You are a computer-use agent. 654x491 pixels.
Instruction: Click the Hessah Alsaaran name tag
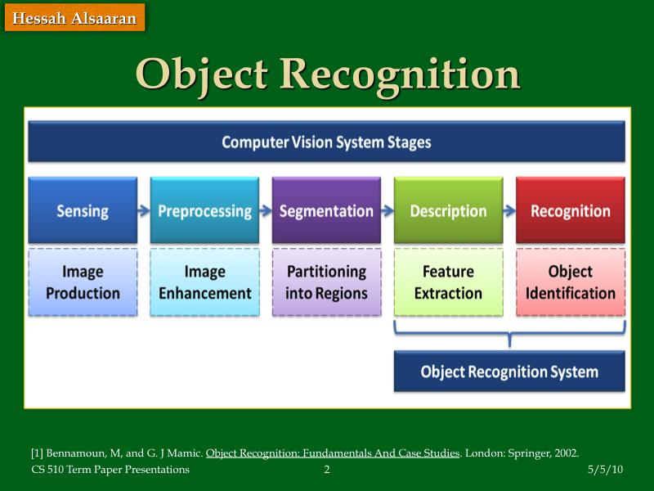coord(74,17)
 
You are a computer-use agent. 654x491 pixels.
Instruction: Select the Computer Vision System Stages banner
coord(326,142)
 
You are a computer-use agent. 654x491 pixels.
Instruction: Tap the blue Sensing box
coord(83,210)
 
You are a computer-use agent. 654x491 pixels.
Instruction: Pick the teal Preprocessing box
coord(204,210)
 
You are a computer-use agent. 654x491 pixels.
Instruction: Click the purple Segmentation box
coord(326,210)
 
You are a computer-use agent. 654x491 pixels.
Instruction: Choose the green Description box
coord(448,210)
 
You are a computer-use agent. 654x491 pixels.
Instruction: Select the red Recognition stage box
coord(570,210)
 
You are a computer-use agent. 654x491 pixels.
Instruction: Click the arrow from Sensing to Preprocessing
coord(143,210)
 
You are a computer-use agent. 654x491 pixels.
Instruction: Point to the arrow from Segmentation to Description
coord(387,210)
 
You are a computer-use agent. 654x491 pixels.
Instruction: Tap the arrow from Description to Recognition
coord(508,210)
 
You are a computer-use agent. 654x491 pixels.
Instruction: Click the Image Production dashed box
coord(83,282)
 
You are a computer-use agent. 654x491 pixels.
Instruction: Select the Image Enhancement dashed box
coord(204,282)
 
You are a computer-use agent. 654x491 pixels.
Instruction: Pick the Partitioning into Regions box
coord(326,282)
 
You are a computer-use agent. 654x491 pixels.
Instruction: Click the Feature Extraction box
coord(448,282)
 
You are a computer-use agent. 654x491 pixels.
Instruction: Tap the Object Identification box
coord(570,282)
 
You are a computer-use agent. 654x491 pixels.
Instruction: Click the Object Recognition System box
coord(509,372)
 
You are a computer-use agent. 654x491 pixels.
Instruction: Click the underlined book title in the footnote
coord(333,453)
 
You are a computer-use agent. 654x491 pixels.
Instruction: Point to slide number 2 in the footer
coord(327,470)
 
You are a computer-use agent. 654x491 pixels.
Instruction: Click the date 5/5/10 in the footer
coord(605,470)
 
